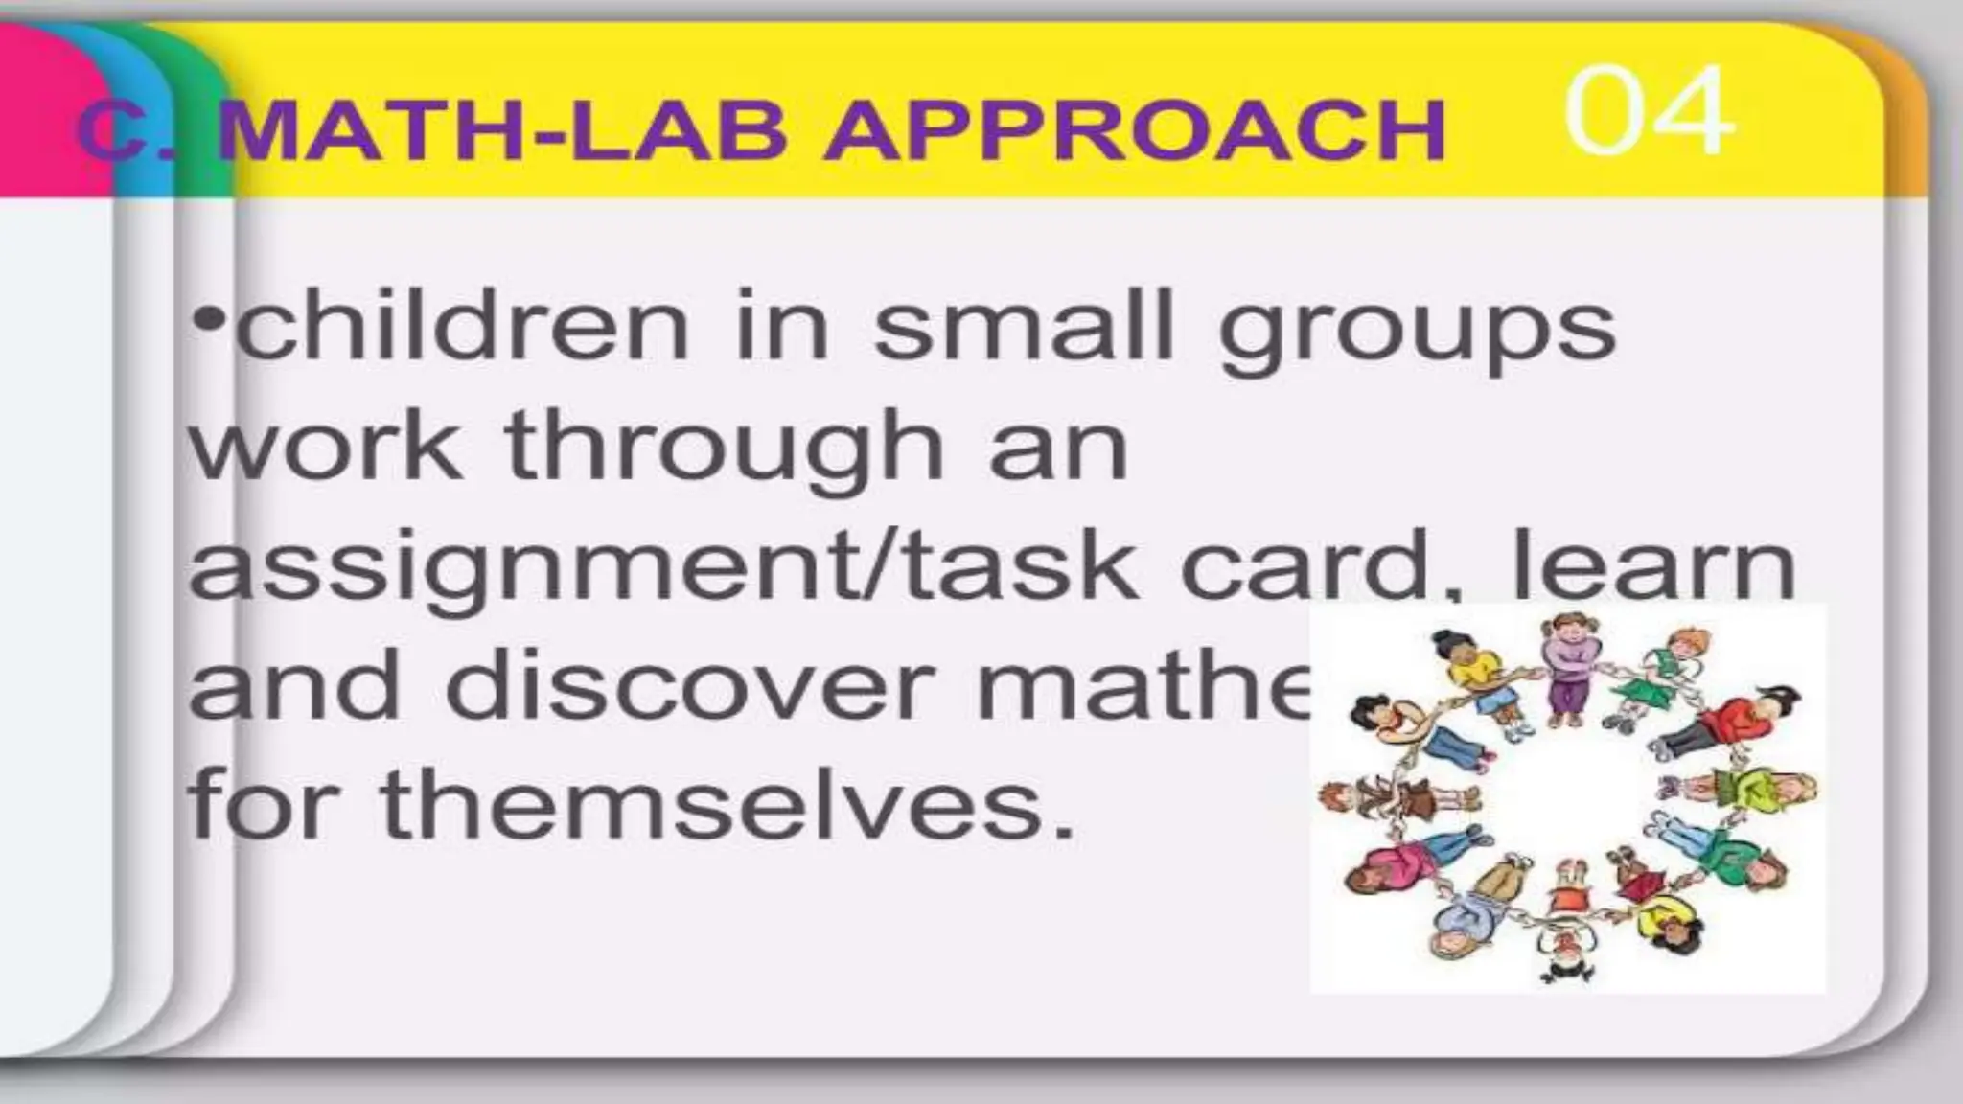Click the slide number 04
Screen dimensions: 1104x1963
pos(1649,112)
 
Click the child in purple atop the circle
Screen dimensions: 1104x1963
pos(1568,671)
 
